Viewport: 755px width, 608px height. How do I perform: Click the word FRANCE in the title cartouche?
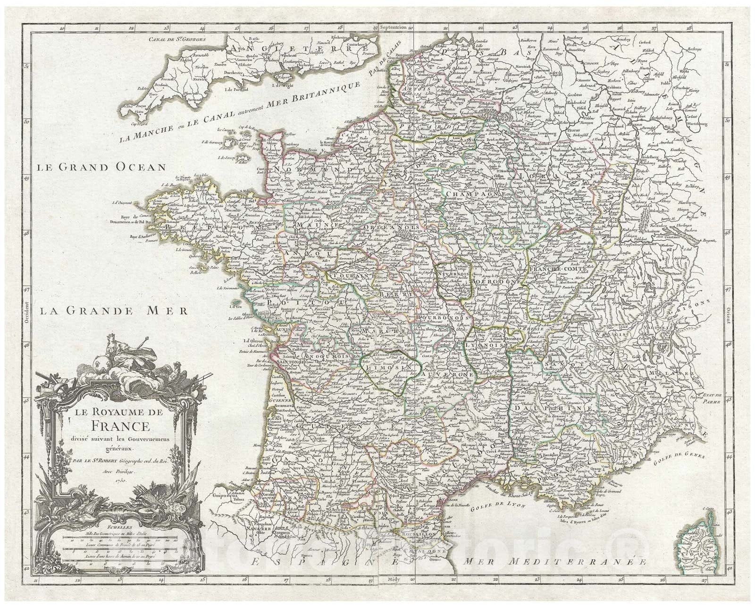tap(118, 426)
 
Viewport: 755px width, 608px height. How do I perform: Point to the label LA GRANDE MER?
tap(113, 311)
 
